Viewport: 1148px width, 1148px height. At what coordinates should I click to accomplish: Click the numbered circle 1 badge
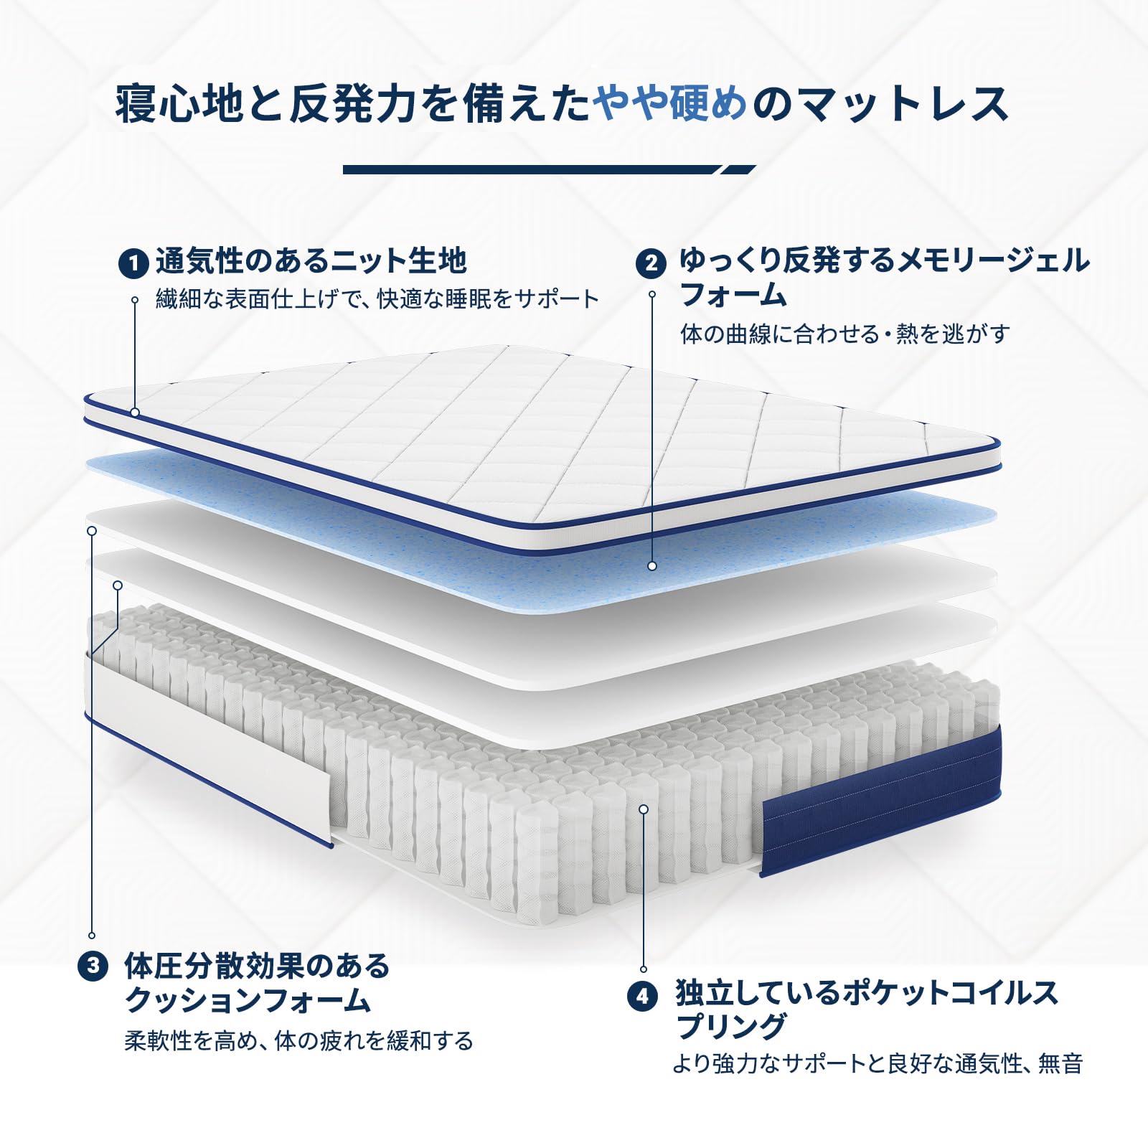coord(133,263)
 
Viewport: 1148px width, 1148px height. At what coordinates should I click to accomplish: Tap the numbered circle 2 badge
coord(651,263)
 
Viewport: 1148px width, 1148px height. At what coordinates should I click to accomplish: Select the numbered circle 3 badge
coord(93,966)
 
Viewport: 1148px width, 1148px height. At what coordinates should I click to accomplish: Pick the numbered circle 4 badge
coord(642,996)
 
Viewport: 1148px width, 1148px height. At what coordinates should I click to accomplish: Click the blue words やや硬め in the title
coord(670,103)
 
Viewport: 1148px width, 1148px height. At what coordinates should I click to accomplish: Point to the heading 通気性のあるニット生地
coord(311,260)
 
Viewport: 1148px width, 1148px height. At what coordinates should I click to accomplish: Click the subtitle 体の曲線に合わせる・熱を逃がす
coord(845,334)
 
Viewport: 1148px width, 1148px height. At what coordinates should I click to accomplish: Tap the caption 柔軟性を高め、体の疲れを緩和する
coord(299,1040)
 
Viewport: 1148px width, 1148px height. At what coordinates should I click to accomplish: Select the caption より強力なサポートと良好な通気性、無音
coord(878,1063)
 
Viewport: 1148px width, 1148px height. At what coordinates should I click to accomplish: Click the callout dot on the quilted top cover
coord(135,413)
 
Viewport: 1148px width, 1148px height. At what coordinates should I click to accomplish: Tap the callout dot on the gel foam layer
coord(652,566)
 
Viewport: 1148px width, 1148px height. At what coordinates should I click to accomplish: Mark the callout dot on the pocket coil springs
coord(644,809)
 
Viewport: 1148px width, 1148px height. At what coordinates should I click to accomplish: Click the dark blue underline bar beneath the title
coord(549,170)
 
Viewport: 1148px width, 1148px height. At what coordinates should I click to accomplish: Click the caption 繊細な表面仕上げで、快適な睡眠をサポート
coord(377,298)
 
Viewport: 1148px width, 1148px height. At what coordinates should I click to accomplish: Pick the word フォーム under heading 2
coord(733,295)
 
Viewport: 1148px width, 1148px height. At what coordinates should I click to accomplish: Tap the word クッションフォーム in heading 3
coord(248,1000)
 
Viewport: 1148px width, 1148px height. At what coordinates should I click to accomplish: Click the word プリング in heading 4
coord(732,1027)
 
